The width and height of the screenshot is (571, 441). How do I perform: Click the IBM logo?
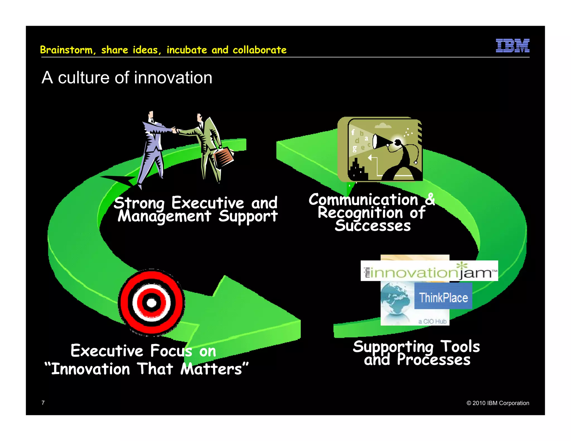click(x=512, y=45)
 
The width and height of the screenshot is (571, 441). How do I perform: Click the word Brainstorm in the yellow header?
click(x=66, y=50)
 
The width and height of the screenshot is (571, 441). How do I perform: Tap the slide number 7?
click(x=43, y=403)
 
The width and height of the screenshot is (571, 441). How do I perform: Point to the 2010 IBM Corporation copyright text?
click(x=498, y=403)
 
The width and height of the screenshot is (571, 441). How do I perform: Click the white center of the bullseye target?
click(x=151, y=303)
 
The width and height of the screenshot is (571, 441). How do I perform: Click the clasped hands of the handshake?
click(x=175, y=130)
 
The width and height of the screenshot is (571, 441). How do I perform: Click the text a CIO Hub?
click(x=432, y=321)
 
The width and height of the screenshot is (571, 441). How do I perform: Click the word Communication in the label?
click(x=363, y=200)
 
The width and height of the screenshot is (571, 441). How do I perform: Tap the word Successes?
click(x=373, y=226)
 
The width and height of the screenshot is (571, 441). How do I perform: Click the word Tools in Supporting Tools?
click(x=460, y=346)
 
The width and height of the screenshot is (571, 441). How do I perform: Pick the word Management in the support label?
click(x=164, y=216)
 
